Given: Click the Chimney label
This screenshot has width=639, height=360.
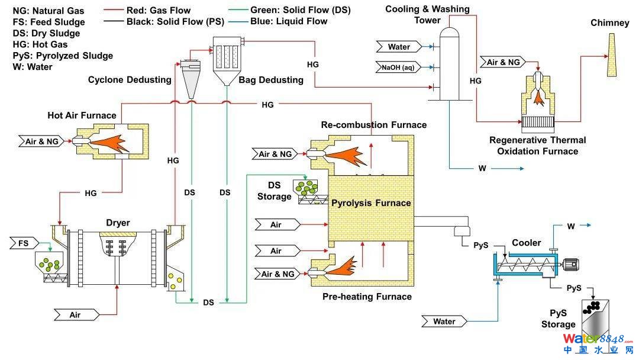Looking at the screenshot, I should pos(609,23).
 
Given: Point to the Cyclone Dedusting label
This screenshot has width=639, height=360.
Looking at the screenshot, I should pos(130,79).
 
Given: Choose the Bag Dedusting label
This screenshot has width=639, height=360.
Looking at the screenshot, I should pos(271,79).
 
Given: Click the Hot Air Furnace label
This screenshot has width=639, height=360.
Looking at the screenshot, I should pos(82,115).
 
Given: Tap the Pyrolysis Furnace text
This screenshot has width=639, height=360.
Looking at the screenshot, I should pos(370,203).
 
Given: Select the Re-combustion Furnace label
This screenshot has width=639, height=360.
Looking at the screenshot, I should pos(373,125).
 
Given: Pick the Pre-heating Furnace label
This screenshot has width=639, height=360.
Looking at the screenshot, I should pos(367,296).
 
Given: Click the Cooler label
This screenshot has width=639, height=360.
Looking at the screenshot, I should pos(526,243).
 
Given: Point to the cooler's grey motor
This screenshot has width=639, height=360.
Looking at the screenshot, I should pos(569,266).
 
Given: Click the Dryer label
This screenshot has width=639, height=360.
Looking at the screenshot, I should pos(118,223).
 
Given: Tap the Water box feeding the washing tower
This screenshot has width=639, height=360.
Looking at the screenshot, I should pos(399,47).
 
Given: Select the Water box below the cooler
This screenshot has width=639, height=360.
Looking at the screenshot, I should pos(444,322).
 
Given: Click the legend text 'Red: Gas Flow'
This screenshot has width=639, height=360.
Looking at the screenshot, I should pos(154,10).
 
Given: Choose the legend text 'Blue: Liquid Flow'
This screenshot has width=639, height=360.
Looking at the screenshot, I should pos(289,21).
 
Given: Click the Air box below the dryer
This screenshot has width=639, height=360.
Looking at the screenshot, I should pos(75,315).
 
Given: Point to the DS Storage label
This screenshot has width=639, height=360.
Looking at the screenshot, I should pos(274,191).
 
